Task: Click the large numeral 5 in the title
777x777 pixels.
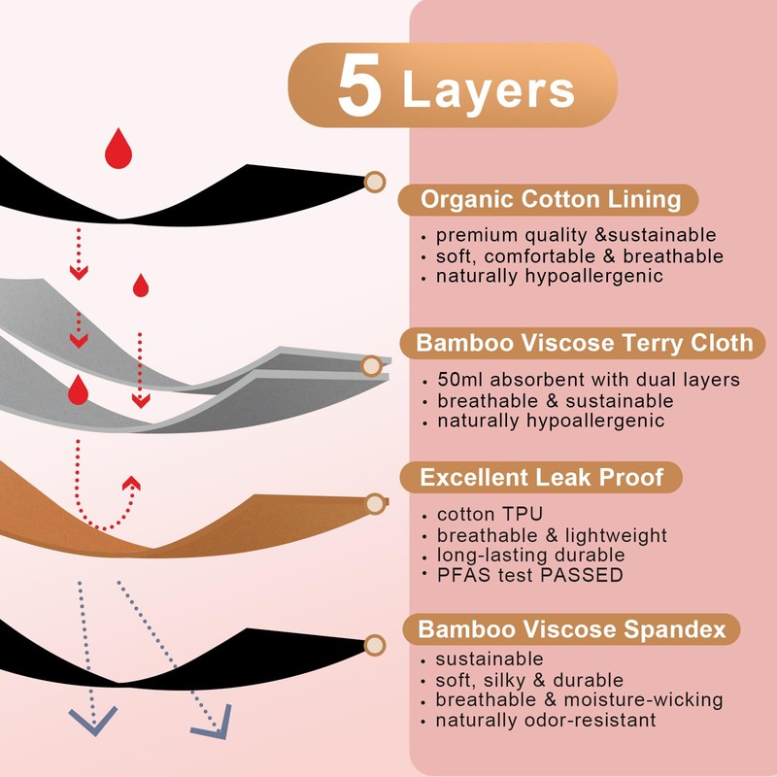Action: click(x=359, y=90)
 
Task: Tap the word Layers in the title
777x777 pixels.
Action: click(x=488, y=90)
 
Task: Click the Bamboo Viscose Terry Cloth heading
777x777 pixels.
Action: click(x=584, y=343)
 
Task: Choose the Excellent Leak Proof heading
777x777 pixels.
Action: click(x=543, y=477)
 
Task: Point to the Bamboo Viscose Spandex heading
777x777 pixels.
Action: click(x=572, y=629)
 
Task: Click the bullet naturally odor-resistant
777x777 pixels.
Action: click(x=546, y=720)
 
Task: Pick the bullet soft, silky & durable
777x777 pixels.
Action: click(x=529, y=680)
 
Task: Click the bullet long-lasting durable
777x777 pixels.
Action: click(x=530, y=556)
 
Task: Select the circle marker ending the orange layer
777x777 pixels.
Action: click(x=375, y=503)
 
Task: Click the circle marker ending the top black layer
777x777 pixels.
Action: click(x=374, y=181)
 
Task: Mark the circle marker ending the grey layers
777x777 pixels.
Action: click(x=371, y=366)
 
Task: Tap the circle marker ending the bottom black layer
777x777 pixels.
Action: click(x=374, y=645)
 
